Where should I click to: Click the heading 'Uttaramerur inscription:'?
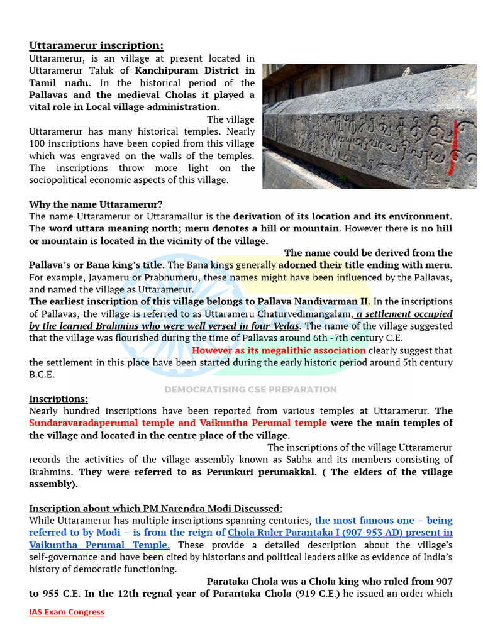point(96,45)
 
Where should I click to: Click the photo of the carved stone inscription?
point(369,126)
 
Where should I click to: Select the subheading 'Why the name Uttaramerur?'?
point(96,204)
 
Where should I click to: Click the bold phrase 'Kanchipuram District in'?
point(195,70)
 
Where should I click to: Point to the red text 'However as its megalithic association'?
point(279,350)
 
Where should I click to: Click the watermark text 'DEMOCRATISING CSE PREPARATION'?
point(250,389)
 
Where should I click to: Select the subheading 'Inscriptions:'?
point(58,399)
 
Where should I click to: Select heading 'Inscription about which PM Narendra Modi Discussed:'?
point(156,508)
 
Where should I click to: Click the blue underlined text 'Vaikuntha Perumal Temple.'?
point(99,545)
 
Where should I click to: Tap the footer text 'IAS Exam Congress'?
point(67,612)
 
